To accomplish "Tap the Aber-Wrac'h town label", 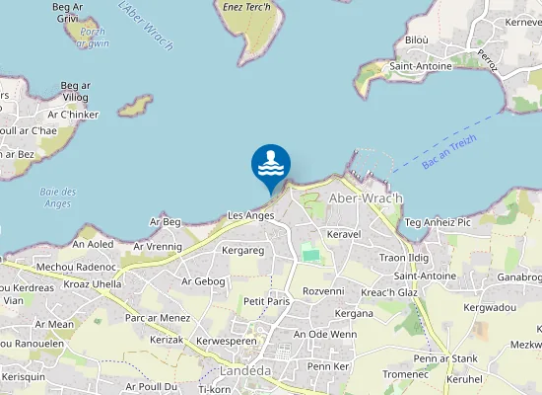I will (366, 198).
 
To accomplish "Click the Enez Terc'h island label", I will (247, 6).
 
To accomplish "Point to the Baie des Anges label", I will (58, 197).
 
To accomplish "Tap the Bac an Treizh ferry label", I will (449, 151).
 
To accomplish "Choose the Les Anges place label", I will (250, 215).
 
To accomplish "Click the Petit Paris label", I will (265, 301).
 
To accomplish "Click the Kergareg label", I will (243, 252).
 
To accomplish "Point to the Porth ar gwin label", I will (93, 38).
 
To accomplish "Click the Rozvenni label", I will (323, 291).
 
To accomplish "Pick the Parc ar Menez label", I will (157, 318).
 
